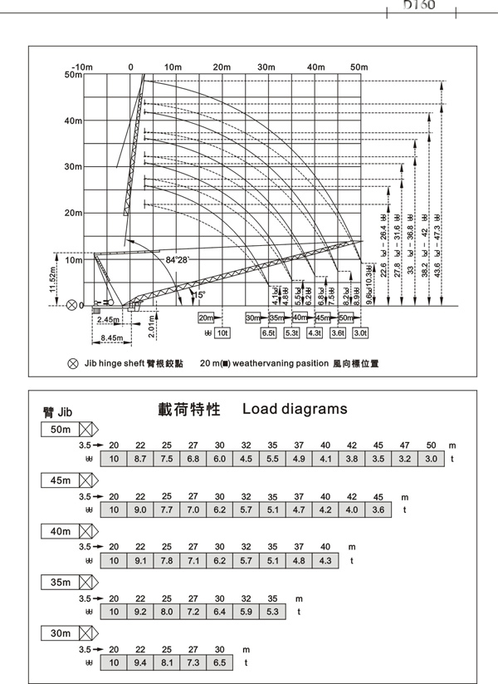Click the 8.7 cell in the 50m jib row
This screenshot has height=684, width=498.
coord(140,459)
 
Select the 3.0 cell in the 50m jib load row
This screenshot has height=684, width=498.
coord(430,459)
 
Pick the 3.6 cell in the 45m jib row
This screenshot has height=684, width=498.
coord(378,509)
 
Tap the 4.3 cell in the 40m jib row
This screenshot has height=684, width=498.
coord(325,561)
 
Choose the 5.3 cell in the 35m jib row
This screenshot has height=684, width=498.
coord(272,612)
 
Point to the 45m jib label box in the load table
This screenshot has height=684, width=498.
coord(60,480)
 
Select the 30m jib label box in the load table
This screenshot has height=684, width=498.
coord(60,633)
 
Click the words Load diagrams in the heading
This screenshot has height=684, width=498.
coord(295,409)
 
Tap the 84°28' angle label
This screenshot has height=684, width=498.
coord(178,260)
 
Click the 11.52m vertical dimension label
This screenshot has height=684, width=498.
coord(53,280)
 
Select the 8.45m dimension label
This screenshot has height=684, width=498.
coord(111,338)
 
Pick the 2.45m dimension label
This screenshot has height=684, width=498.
coord(108,319)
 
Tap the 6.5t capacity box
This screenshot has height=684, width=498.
coord(268,333)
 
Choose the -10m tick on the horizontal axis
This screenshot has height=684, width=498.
coord(81,66)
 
